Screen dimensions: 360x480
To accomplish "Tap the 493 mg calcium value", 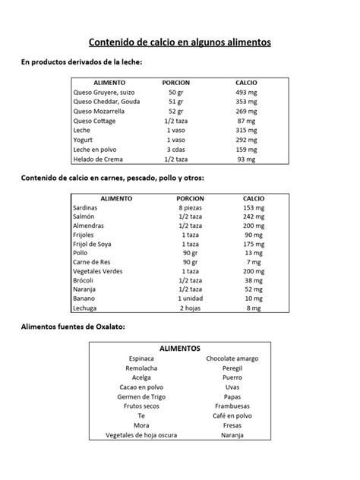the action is point(246,91).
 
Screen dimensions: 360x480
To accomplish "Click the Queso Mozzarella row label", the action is point(99,111).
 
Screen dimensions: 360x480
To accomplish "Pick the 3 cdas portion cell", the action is point(176,150).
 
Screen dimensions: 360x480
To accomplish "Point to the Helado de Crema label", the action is point(98,159).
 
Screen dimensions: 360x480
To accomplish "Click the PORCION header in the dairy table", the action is point(176,81).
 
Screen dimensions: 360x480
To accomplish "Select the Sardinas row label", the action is point(85,207).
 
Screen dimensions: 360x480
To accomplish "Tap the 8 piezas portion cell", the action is point(190,207).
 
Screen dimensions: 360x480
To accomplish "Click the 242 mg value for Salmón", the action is point(253,217).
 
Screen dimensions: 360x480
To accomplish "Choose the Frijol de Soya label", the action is point(93,245).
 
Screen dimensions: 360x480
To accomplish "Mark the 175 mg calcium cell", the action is point(253,245).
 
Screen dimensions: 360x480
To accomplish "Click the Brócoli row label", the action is point(84,280).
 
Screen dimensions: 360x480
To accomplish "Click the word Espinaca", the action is point(141,358).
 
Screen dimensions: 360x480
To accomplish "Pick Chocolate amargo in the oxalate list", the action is point(232,358).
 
